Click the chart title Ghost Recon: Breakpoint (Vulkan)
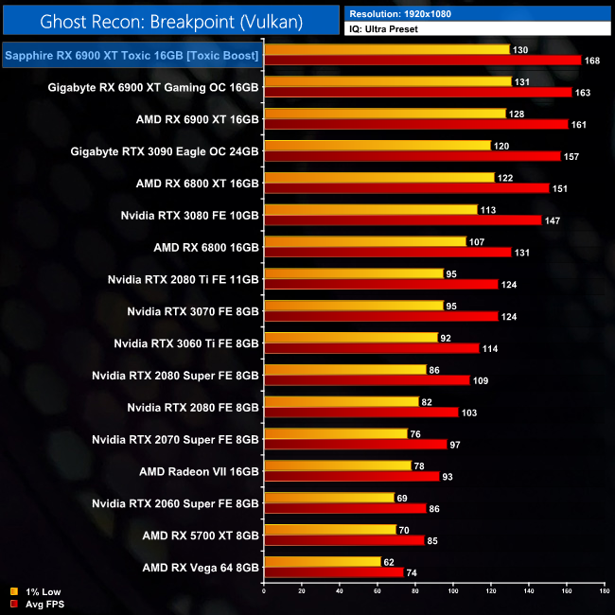tap(170, 20)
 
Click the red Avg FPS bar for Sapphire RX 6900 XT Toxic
tap(422, 61)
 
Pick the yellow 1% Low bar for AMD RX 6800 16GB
tap(364, 242)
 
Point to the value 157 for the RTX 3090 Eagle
tap(571, 156)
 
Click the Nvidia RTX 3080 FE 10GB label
tap(190, 216)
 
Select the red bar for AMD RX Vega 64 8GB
tap(333, 571)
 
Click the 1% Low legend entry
tap(37, 592)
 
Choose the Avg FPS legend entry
tap(40, 604)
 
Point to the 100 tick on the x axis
tap(453, 593)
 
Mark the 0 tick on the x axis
tap(264, 593)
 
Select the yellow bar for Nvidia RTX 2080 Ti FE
tap(353, 274)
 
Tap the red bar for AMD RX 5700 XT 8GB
tap(343, 540)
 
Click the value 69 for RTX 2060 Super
tap(403, 497)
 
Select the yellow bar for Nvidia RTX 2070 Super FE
tap(335, 433)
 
